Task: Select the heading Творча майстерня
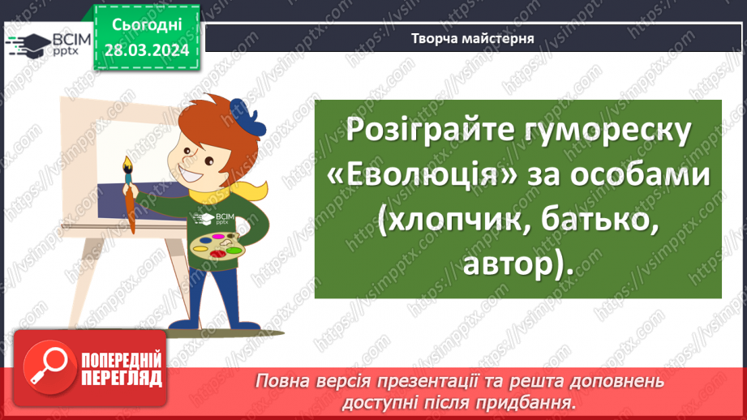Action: [472, 38]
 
